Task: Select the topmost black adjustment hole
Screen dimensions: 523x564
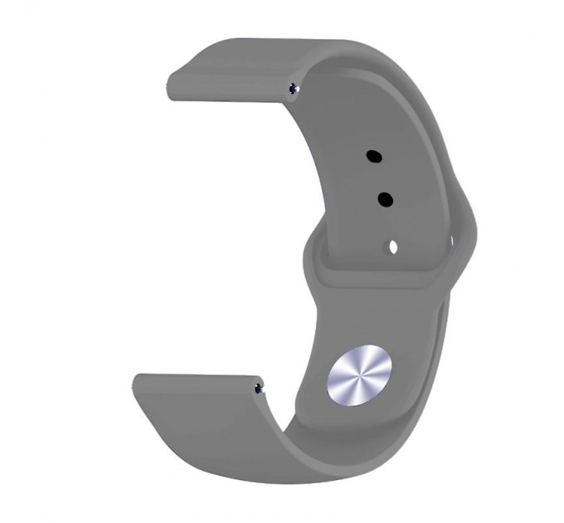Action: [x=372, y=155]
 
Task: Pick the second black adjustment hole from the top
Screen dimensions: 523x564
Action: [x=385, y=199]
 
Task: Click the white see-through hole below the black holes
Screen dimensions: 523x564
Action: [x=392, y=247]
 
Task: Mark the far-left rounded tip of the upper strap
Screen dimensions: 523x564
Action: [x=169, y=86]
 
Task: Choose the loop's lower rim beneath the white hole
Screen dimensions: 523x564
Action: [x=390, y=278]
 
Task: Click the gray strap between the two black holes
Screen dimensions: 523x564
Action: [x=379, y=178]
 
